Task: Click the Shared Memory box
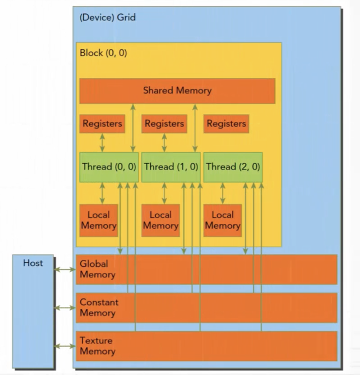[x=177, y=90]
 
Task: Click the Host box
[x=33, y=310]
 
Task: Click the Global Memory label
[x=97, y=269]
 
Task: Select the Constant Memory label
[x=99, y=307]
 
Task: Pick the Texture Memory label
[x=97, y=346]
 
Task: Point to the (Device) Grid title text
[x=107, y=17]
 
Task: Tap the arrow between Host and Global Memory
[x=65, y=269]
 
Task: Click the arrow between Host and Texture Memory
[x=65, y=346]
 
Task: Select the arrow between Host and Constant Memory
[x=65, y=307]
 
